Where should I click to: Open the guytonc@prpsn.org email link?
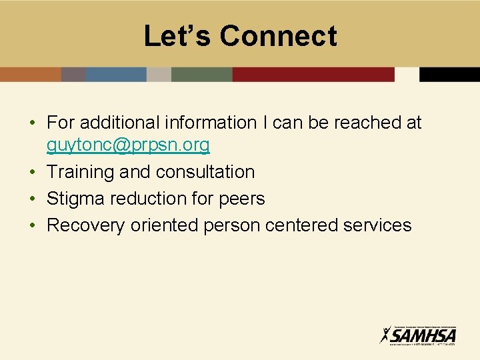[128, 144]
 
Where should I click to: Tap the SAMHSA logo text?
[424, 334]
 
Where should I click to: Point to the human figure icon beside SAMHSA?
[386, 334]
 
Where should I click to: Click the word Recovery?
[85, 225]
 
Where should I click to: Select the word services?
[377, 225]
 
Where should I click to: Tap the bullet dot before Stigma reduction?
[32, 199]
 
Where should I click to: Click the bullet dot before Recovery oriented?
[32, 225]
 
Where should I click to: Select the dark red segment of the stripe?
[313, 74]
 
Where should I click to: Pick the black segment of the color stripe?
[449, 74]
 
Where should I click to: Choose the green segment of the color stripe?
[201, 74]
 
